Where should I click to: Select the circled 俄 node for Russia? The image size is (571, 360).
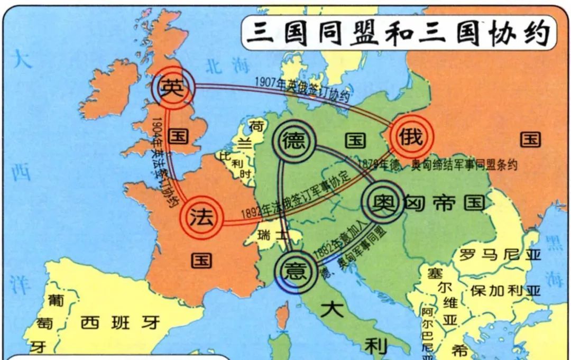411,137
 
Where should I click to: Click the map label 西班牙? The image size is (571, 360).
120,322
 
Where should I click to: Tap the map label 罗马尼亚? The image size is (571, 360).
500,255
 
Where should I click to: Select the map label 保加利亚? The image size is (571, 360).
505,291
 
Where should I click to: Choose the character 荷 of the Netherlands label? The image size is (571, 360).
257,126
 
